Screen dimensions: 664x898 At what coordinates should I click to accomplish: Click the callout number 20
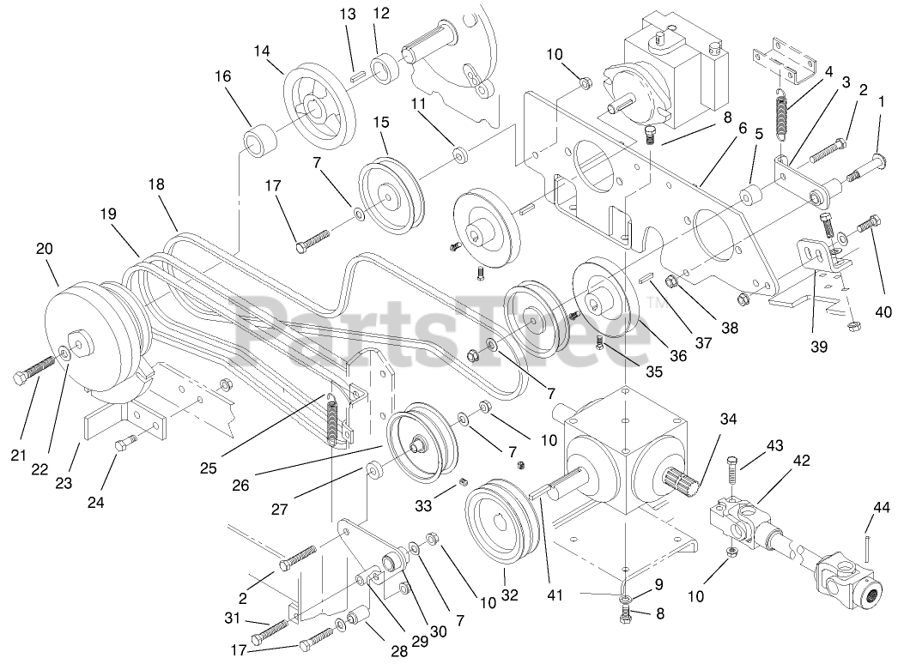point(45,249)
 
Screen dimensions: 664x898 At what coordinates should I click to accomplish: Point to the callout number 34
point(728,420)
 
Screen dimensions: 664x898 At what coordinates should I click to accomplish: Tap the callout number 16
point(222,76)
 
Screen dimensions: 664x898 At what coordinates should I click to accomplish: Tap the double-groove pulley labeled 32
point(499,522)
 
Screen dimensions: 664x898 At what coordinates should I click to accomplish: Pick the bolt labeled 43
point(732,474)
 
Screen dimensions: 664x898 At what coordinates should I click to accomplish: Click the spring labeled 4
point(782,113)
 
